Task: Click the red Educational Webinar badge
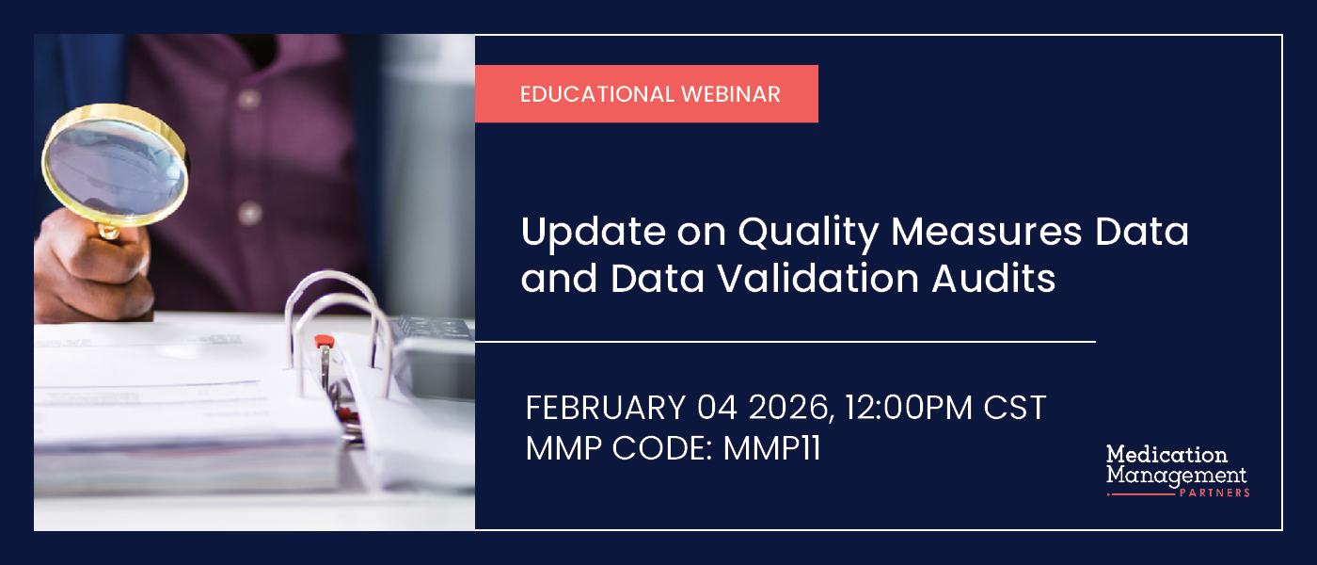point(646,94)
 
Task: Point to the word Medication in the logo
point(1166,455)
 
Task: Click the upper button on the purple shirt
point(249,98)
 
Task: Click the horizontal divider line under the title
point(785,341)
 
